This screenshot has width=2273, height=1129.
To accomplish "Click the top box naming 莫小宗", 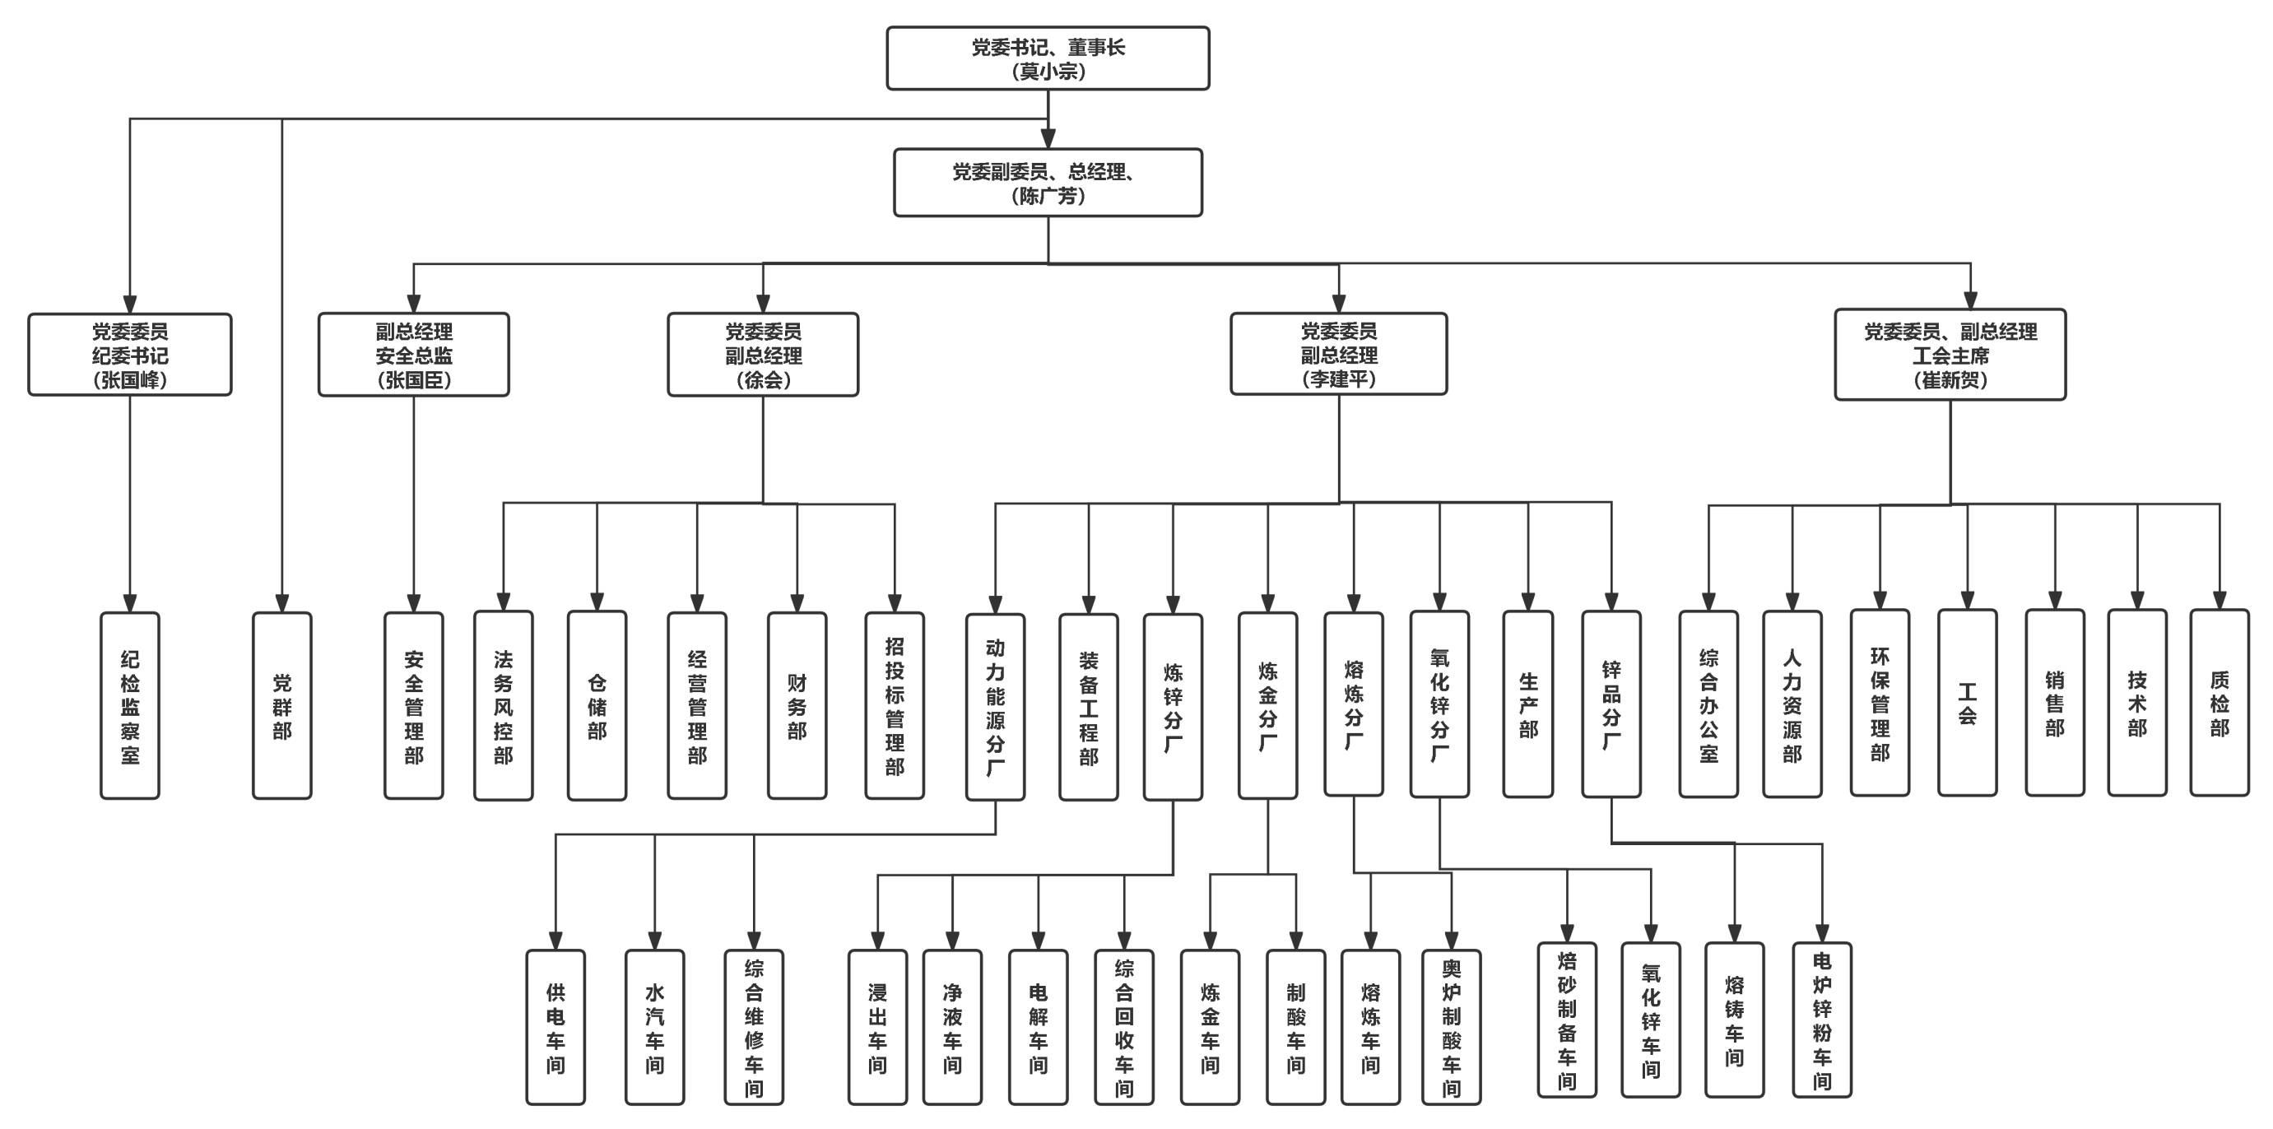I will tap(1048, 58).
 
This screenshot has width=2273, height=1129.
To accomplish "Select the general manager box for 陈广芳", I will tap(1048, 183).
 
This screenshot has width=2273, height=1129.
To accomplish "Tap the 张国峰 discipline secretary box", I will tap(130, 355).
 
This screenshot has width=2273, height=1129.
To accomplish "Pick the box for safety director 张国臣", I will tap(413, 355).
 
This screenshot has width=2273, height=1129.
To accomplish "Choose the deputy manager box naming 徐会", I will tap(762, 355).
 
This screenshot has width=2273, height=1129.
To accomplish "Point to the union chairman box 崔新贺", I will tap(1950, 355).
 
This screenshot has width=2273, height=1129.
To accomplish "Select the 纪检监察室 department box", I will tap(130, 706).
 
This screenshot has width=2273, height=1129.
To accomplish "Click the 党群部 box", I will tap(281, 706).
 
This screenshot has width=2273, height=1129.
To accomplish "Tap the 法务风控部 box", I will tap(503, 706).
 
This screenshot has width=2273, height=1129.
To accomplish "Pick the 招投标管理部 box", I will tap(894, 706).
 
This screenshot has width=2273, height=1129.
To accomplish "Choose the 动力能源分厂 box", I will tap(994, 707).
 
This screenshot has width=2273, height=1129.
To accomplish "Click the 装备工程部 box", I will tap(1088, 707).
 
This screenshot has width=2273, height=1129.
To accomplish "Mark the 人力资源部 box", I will tap(1792, 704).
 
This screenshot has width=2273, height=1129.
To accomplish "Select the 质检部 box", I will tap(2219, 703).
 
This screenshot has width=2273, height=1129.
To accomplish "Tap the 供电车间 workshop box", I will tap(555, 1027).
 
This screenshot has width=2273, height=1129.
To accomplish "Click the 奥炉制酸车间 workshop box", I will tap(1451, 1027).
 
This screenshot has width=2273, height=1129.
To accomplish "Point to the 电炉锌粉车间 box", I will tap(1821, 1020).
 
